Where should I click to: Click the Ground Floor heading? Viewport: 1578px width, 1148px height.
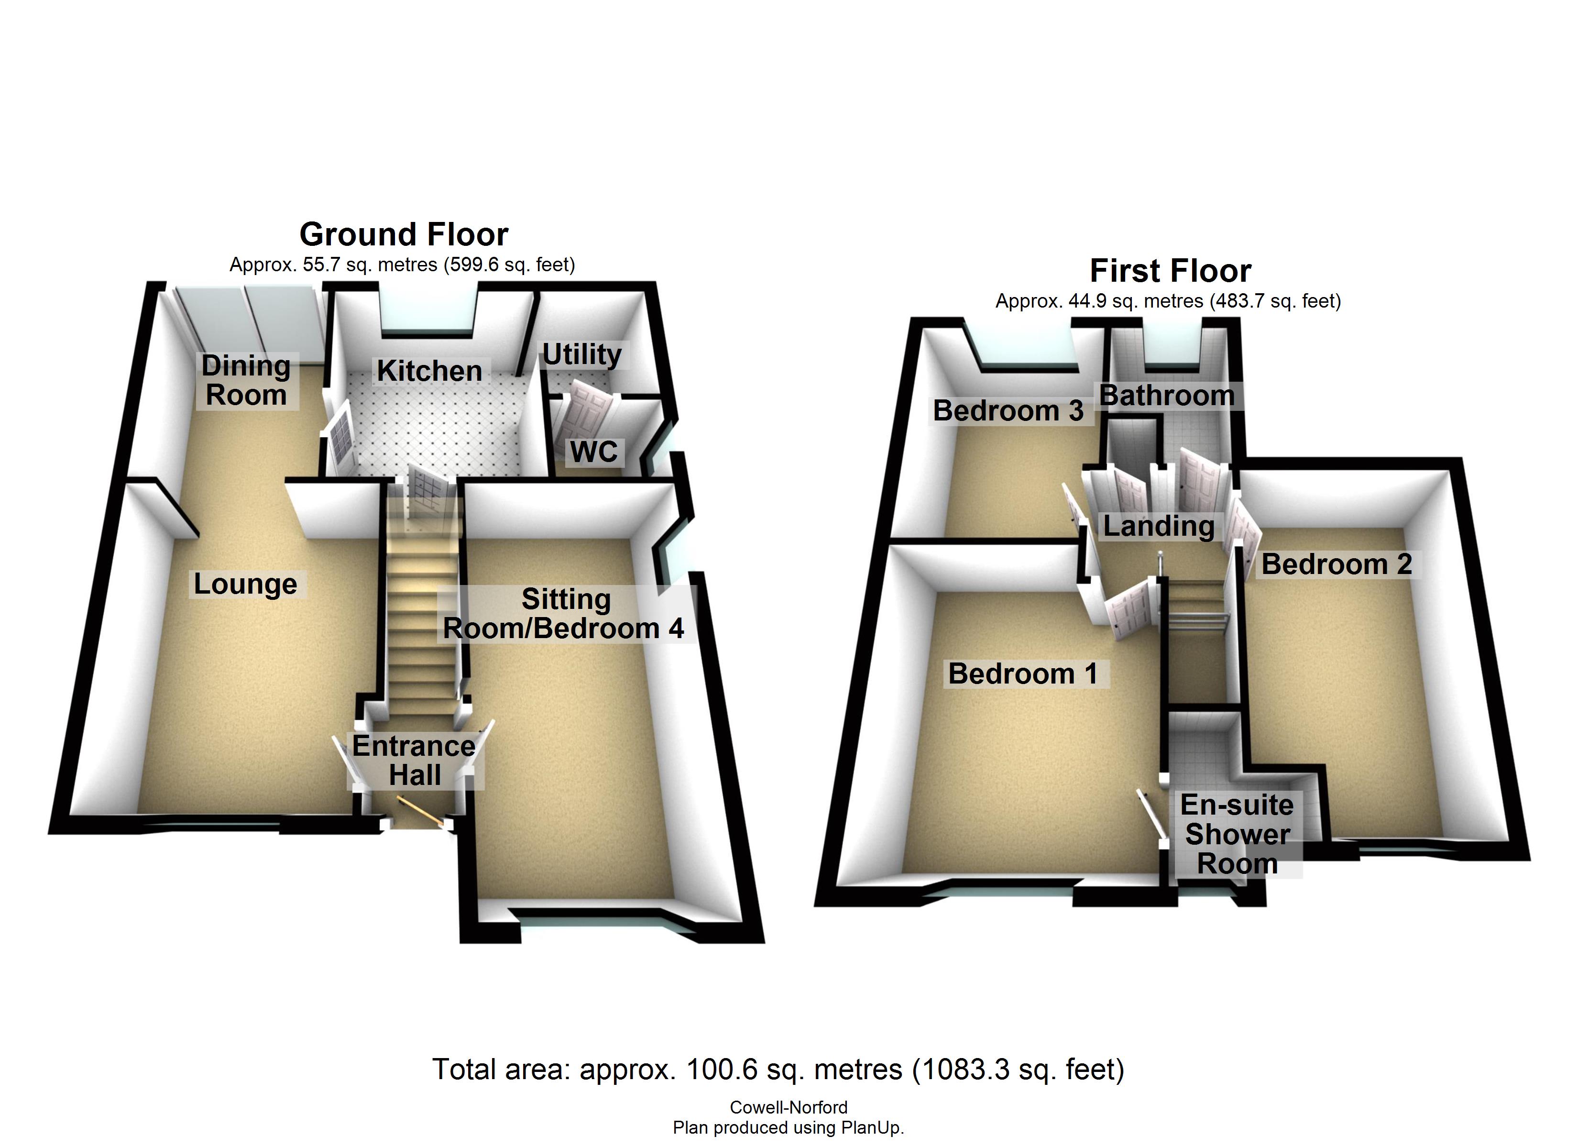[x=404, y=234]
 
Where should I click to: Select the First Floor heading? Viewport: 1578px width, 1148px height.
[x=1170, y=271]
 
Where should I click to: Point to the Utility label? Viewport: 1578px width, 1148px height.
[x=581, y=354]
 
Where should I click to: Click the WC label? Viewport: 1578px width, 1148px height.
[x=593, y=452]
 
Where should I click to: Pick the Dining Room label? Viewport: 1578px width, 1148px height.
[x=246, y=380]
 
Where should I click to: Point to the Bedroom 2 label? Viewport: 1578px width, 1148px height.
[x=1337, y=564]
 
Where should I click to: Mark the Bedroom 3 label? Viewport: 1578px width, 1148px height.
[x=1008, y=411]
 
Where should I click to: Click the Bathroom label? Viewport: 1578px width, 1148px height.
[x=1167, y=396]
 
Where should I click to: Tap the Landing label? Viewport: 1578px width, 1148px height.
[x=1159, y=526]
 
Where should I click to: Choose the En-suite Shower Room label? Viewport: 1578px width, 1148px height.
[x=1237, y=834]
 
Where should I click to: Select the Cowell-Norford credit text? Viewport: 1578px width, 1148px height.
[x=789, y=1107]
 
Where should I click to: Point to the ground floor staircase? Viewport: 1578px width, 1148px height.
[x=421, y=613]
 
